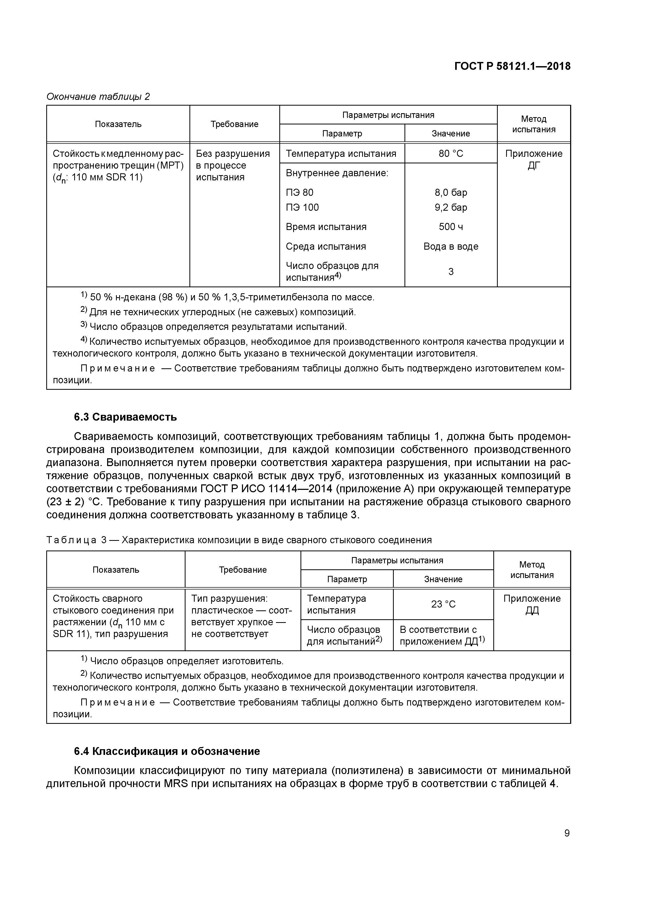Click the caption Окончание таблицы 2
98,97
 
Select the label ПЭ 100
302,207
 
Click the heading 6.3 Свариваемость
125,417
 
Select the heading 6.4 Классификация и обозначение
167,751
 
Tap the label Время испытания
326,227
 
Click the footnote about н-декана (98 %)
228,297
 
